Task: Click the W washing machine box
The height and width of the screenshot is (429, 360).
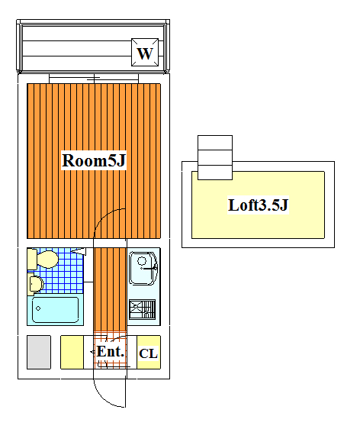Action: click(145, 52)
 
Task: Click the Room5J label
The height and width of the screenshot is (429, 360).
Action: click(94, 160)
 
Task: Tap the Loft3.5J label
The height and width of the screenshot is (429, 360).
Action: click(258, 205)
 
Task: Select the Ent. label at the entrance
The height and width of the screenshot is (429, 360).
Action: click(111, 352)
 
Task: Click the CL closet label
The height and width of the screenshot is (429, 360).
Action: click(149, 353)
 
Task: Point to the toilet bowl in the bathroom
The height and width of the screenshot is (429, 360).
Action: click(47, 259)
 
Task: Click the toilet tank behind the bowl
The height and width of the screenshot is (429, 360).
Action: click(32, 259)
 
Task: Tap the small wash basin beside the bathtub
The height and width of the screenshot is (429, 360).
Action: click(36, 284)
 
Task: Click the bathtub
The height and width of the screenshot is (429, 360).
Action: click(55, 310)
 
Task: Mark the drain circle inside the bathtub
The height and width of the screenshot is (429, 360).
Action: click(38, 308)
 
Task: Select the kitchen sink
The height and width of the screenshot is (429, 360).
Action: click(143, 269)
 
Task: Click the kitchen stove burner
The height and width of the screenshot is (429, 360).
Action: click(142, 309)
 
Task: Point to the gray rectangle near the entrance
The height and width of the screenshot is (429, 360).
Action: click(39, 352)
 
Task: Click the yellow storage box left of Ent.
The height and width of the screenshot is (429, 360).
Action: click(72, 352)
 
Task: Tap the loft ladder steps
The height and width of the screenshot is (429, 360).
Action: click(215, 157)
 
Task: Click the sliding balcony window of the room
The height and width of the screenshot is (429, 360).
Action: click(94, 79)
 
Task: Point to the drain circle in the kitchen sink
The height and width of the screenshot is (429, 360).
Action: click(142, 261)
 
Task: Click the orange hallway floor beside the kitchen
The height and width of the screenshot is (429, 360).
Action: click(110, 289)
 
